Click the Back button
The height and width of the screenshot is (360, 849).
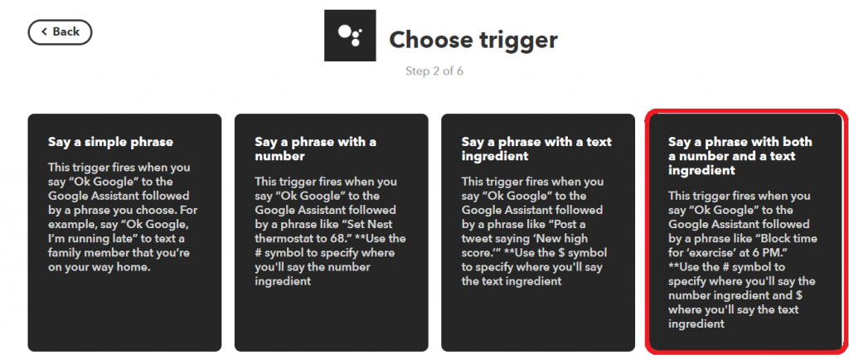[60, 32]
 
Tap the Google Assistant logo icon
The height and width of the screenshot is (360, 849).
[350, 35]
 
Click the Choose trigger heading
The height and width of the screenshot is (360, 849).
[473, 40]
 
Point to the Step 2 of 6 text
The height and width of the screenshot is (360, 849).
[434, 71]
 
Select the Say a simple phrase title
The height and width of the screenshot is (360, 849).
[110, 143]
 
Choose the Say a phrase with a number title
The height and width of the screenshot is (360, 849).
[316, 148]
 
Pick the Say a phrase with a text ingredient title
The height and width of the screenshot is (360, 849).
[536, 148]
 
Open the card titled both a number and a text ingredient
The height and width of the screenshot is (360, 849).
[744, 231]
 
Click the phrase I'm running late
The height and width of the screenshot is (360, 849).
[91, 238]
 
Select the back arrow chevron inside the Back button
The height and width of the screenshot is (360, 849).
[45, 32]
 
